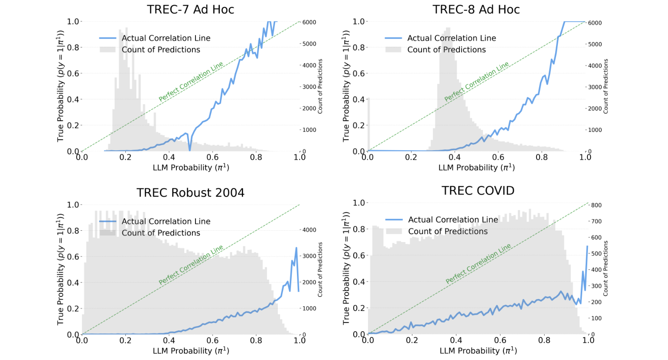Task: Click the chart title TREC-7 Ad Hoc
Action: [190, 10]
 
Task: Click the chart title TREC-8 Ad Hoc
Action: [476, 10]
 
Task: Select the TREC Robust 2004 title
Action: [190, 193]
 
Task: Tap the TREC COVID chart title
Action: [478, 191]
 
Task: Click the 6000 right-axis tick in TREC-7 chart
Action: [309, 22]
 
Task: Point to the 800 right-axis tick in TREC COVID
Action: [596, 205]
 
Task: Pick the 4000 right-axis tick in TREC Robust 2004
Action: [309, 230]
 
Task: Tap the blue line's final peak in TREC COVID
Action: [587, 247]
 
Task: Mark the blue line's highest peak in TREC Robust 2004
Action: [296, 248]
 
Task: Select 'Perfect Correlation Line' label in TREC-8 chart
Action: [476, 81]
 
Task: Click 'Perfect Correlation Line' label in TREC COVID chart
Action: [478, 264]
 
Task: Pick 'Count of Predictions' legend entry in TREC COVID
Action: [448, 232]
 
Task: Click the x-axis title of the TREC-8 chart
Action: [476, 168]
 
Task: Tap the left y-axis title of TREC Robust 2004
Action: [61, 269]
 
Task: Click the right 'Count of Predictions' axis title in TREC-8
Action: [606, 86]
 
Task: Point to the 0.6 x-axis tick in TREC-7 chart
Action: [213, 158]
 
